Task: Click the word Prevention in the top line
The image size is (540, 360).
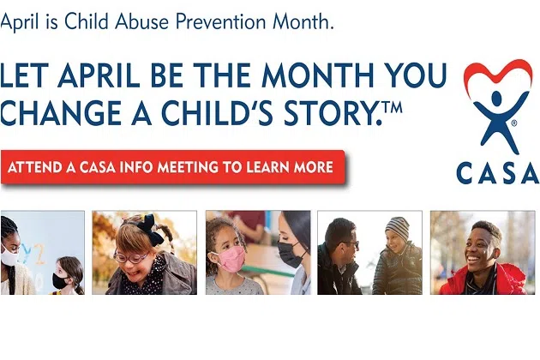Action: tap(221, 21)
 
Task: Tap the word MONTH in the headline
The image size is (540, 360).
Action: tap(317, 75)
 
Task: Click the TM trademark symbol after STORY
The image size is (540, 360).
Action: tap(393, 107)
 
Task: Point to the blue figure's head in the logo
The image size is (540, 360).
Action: tap(497, 99)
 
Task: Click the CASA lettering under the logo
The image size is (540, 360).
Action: tap(497, 173)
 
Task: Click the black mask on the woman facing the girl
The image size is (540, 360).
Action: tap(290, 255)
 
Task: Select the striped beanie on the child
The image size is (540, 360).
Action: tap(398, 228)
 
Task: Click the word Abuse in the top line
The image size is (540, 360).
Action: tap(142, 21)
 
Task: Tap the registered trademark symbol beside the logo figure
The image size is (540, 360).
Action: tap(514, 123)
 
